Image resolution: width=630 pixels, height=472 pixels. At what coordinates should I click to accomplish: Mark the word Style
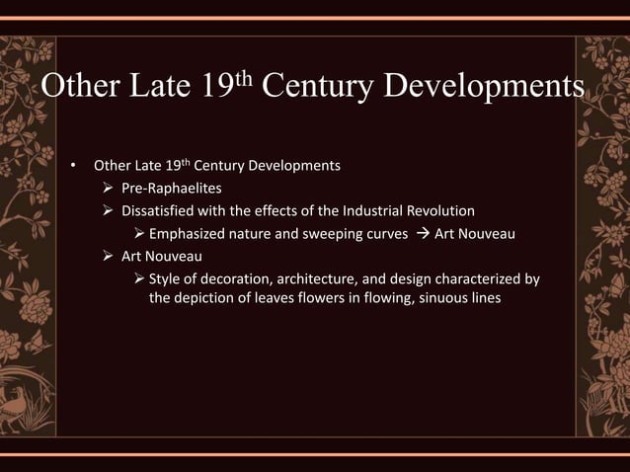tap(166, 279)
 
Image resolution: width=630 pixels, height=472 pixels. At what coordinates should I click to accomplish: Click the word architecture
tap(326, 279)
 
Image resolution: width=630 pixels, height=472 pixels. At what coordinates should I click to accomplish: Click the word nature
tap(260, 234)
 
